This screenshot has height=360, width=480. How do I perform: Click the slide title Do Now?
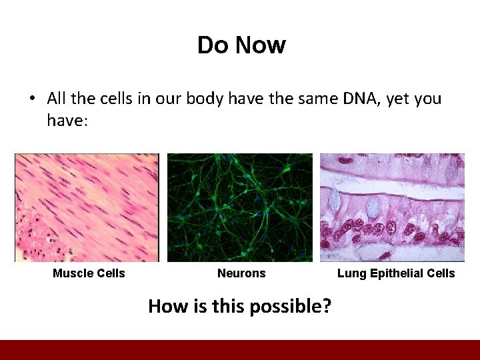241,45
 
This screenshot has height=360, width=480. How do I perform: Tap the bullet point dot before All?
31,99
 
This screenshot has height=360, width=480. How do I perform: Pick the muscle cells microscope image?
87,207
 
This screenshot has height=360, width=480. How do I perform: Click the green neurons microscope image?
239,207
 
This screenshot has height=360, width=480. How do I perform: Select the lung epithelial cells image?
392,207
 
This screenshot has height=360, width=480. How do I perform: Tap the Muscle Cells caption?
89,273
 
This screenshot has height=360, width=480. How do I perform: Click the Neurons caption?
241,273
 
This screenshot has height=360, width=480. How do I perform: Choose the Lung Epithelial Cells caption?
396,273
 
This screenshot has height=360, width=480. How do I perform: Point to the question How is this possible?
241,306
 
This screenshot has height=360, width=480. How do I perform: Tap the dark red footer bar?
240,350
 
